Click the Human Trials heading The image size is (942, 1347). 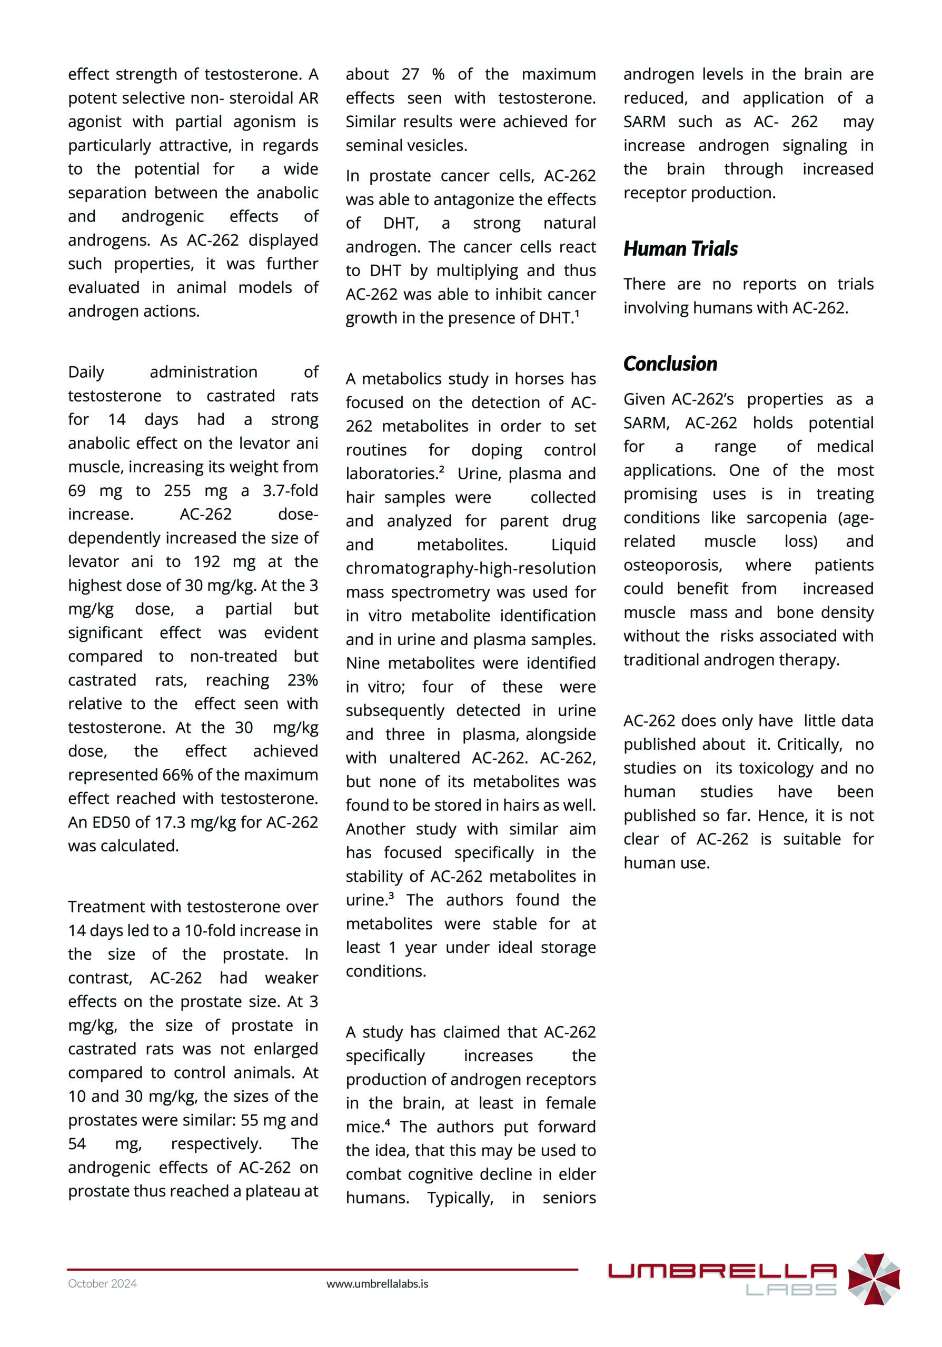pos(680,249)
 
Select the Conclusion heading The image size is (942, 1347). pos(670,364)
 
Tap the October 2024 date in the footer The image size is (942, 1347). pos(102,1283)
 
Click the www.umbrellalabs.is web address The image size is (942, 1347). pos(377,1283)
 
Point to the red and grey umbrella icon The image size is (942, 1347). pos(874,1279)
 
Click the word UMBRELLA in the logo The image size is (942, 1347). pos(721,1271)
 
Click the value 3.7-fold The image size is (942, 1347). pos(290,490)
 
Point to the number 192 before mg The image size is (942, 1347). pos(206,561)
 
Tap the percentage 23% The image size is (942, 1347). pos(302,680)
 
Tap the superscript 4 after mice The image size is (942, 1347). pos(388,1122)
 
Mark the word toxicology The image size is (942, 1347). pos(777,768)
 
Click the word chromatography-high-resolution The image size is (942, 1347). pos(470,568)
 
